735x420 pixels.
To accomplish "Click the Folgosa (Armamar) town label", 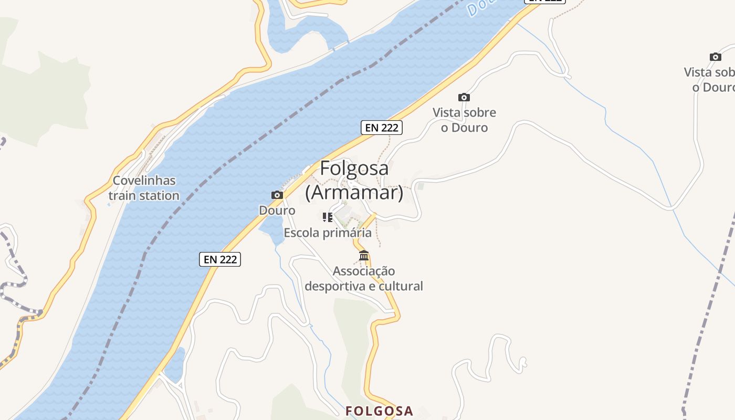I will pos(354,180).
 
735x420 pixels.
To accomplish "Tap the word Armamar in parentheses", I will pos(354,193).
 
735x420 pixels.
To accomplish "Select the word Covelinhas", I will pos(144,181).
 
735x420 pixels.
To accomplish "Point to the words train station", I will pos(144,196).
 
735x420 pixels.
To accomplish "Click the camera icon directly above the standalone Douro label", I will pos(277,195).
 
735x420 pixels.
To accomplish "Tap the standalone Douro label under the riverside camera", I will pos(277,211).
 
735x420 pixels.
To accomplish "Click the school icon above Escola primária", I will pos(328,217).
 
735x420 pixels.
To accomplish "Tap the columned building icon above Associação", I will pos(364,256).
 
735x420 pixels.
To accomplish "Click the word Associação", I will pos(364,271).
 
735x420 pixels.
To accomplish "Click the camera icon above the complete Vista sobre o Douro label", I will pos(464,97).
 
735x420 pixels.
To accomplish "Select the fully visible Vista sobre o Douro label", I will pos(464,120).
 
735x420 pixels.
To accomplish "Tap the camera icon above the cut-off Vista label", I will pos(715,57).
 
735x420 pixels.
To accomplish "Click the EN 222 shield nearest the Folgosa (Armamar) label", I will pos(382,127).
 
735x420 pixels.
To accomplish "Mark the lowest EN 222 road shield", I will pos(220,259).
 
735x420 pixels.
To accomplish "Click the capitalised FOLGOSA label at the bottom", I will pos(380,411).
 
